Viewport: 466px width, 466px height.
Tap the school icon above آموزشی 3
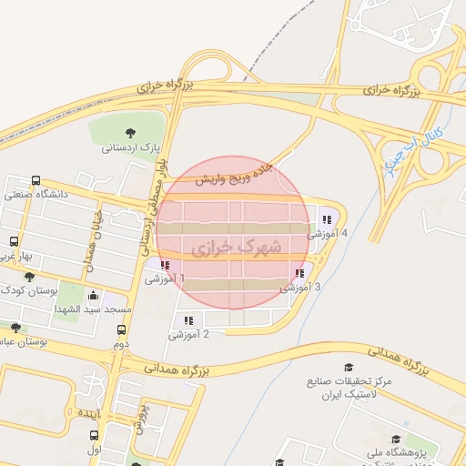[x=299, y=273]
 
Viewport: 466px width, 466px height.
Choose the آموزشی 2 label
[x=189, y=335]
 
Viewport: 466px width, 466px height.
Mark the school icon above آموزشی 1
[x=164, y=265]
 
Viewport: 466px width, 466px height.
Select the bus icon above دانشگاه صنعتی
[x=35, y=180]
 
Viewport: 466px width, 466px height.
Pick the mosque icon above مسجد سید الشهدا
[x=94, y=296]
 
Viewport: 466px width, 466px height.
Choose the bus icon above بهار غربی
[x=14, y=241]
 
